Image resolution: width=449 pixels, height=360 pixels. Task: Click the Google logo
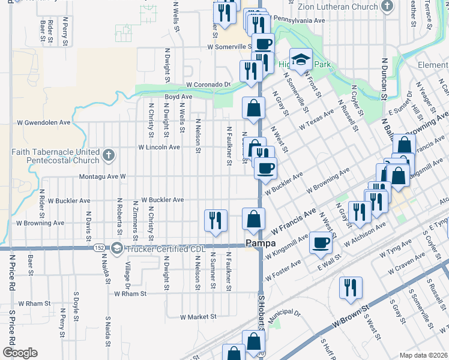(19, 353)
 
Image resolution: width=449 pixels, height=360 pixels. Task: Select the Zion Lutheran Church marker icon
(387, 7)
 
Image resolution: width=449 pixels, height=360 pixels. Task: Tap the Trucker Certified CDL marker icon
(117, 248)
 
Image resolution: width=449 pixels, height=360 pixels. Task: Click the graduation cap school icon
(301, 60)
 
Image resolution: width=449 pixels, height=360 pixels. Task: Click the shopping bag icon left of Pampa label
(253, 219)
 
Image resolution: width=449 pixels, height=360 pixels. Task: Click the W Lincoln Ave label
(158, 147)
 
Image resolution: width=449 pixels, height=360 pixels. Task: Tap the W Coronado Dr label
(208, 85)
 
